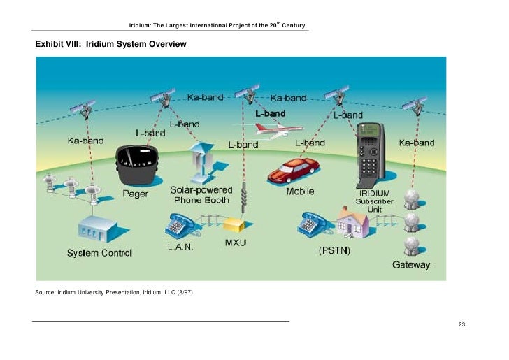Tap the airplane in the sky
[x=278, y=130]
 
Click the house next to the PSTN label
[x=352, y=222]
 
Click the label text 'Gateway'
[x=411, y=265]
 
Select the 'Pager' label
[x=136, y=194]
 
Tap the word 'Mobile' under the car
[x=301, y=192]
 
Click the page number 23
[x=461, y=325]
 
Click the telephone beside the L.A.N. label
[x=179, y=225]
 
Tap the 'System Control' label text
[x=99, y=253]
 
